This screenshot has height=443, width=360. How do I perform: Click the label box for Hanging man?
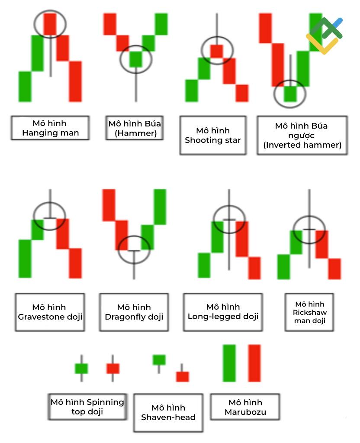coord(50,128)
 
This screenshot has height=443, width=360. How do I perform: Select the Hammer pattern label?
coord(135,128)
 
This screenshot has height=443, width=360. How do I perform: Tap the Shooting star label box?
coord(212,135)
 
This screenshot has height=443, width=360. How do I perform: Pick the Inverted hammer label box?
coord(302,135)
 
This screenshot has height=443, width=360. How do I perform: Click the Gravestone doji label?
coord(50,312)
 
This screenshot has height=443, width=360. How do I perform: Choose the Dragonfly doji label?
coord(134,312)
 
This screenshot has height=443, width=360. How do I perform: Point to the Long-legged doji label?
coord(223,312)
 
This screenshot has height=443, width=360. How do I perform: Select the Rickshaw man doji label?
coord(309,312)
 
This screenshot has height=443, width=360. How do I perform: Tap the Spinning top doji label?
coord(87,407)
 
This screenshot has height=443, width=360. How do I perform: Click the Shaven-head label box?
coord(168,412)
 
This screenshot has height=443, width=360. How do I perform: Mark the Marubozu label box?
coord(245,407)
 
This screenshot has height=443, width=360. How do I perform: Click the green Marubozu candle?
coord(229,363)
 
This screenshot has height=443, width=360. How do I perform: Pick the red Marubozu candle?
coord(255,363)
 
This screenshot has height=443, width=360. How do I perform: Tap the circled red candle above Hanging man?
coord(50,25)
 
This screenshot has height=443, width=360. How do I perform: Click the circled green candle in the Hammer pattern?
coord(136,58)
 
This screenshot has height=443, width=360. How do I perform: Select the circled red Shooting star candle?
coord(217,51)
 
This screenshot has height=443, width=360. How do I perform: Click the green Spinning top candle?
coord(81,369)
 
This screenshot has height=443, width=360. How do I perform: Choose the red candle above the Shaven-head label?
coord(182,376)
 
